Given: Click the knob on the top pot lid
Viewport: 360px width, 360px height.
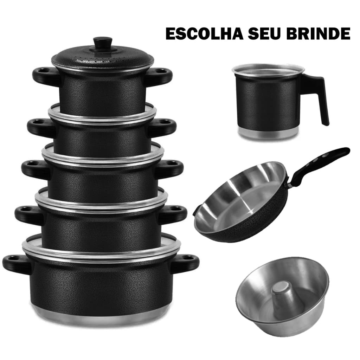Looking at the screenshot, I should (103, 43).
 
